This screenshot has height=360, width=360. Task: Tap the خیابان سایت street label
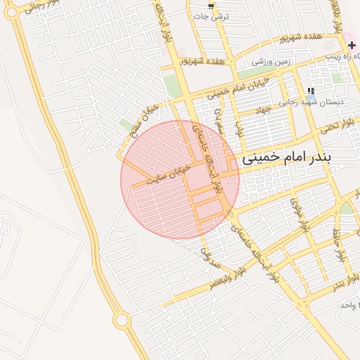(x=169, y=175)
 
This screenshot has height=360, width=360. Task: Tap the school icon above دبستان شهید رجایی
(x=311, y=91)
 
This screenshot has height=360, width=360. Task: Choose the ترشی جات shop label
(x=211, y=16)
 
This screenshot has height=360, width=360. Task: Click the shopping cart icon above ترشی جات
(x=210, y=5)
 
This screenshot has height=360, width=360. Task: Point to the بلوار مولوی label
(x=300, y=215)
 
